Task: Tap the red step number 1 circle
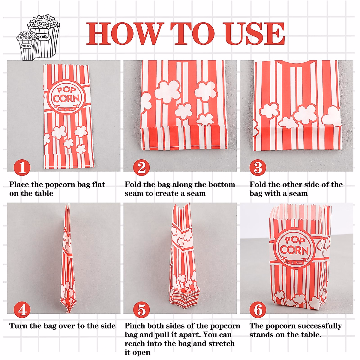tap(22, 167)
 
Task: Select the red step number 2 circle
tap(141, 167)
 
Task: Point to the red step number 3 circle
tap(258, 167)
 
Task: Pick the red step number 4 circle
tap(22, 310)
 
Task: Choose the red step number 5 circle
tap(141, 310)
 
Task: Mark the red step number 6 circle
tap(258, 310)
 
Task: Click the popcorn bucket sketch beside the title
tap(38, 37)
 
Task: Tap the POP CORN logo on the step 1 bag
tap(66, 96)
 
